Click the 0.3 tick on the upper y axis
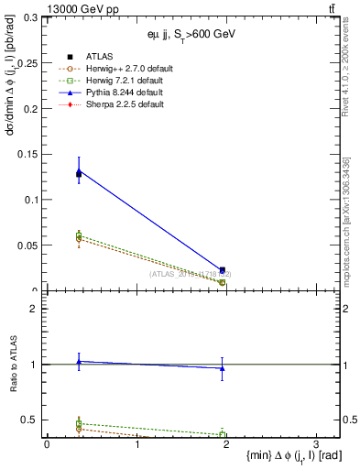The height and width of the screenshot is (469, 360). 30,17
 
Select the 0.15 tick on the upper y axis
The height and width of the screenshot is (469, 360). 27,154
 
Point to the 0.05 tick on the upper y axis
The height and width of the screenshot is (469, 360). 27,245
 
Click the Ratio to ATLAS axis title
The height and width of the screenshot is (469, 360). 12,363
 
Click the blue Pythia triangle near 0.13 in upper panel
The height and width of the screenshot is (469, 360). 79,171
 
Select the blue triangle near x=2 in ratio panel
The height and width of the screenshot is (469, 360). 223,368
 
